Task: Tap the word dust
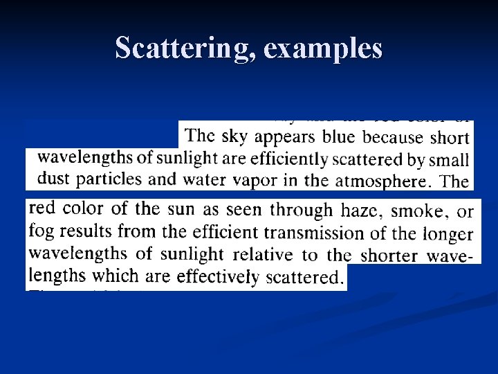53,179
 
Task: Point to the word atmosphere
381,181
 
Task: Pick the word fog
41,232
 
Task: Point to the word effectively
218,277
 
